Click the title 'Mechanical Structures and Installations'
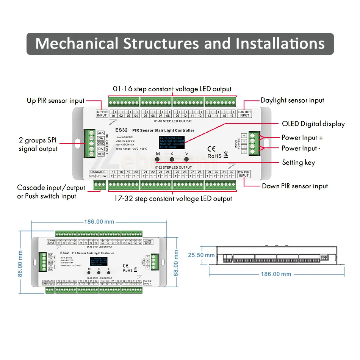[x=180, y=44]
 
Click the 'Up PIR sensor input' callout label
[x=55, y=100]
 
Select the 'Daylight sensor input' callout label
[x=292, y=100]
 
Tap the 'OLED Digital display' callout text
[x=313, y=124]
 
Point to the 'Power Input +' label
[x=302, y=138]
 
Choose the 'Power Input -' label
[x=301, y=148]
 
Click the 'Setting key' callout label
[x=298, y=162]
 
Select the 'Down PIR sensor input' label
[x=295, y=186]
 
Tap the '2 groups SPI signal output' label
[x=38, y=144]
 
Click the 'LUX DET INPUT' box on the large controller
[x=244, y=113]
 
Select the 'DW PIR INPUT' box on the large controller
[x=244, y=174]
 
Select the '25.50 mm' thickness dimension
[x=201, y=255]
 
